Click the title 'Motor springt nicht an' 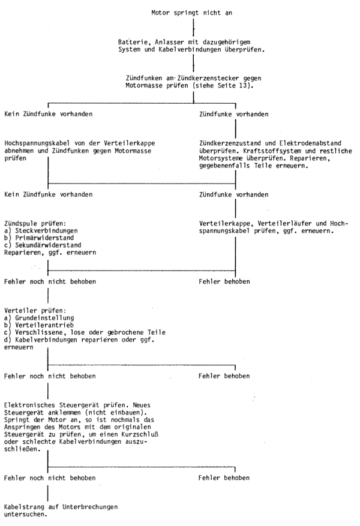click(x=191, y=13)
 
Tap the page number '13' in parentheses click(x=245, y=85)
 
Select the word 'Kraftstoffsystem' click(x=272, y=151)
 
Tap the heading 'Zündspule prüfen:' click(x=35, y=224)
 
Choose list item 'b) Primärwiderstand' click(x=39, y=238)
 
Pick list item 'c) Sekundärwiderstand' click(x=43, y=245)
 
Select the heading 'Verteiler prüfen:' click(x=35, y=311)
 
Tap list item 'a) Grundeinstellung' click(x=39, y=318)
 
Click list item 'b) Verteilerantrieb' click(x=39, y=325)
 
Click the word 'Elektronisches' click(x=30, y=405)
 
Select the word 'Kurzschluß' click(x=140, y=434)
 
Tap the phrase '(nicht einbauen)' click(x=118, y=413)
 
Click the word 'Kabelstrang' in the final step click(x=24, y=507)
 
